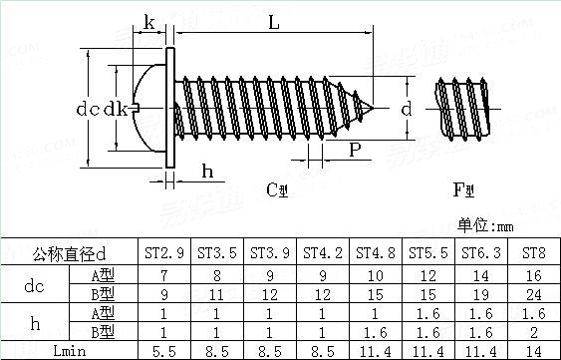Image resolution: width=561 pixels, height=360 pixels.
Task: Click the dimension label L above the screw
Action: [x=274, y=23]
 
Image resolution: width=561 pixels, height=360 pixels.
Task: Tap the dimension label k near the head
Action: [x=149, y=22]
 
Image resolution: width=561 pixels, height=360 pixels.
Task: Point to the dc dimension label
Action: [x=88, y=109]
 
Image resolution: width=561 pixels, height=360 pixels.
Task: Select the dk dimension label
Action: [x=116, y=109]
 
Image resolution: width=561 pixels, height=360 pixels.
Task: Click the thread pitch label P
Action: [x=355, y=150]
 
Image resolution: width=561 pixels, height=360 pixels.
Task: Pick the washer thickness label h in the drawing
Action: [x=207, y=172]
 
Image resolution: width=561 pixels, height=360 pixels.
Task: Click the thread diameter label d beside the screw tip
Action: [x=407, y=109]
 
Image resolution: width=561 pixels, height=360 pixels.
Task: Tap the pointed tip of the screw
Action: [x=373, y=108]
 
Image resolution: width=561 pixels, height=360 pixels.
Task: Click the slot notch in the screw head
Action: [x=136, y=108]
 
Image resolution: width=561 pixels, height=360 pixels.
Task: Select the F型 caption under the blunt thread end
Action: [x=463, y=190]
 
